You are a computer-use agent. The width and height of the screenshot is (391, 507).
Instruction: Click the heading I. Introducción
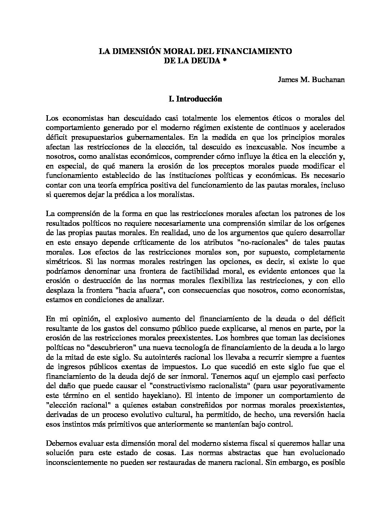(x=195, y=99)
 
